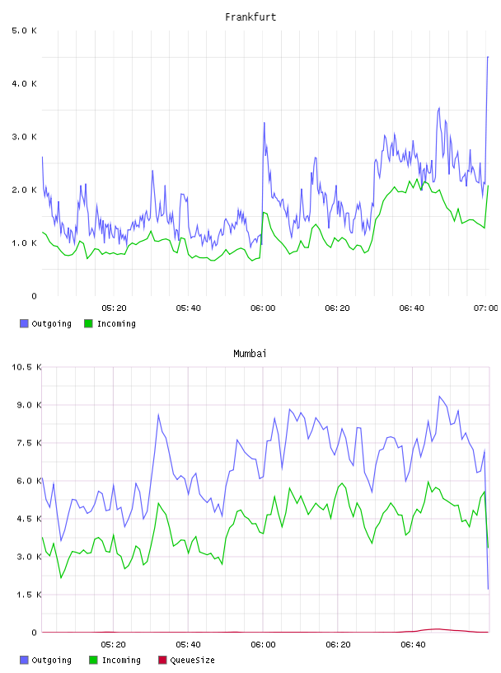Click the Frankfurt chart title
pyautogui.click(x=250, y=16)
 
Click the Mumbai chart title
pyautogui.click(x=250, y=353)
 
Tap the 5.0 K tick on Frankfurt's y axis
pyautogui.click(x=24, y=31)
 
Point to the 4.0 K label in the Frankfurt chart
pyautogui.click(x=24, y=83)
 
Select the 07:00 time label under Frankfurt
pyautogui.click(x=486, y=308)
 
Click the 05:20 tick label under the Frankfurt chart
pyautogui.click(x=114, y=308)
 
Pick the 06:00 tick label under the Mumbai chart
pyautogui.click(x=263, y=644)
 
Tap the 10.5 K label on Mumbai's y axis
pyautogui.click(x=26, y=367)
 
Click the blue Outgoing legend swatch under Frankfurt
pyautogui.click(x=24, y=323)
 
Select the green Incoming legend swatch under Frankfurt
pyautogui.click(x=88, y=323)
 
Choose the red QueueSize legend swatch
pyautogui.click(x=162, y=660)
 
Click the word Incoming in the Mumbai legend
pyautogui.click(x=121, y=660)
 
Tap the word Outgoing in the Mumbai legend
pyautogui.click(x=51, y=660)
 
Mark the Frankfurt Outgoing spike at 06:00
pyautogui.click(x=265, y=123)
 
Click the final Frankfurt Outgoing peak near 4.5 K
pyautogui.click(x=488, y=57)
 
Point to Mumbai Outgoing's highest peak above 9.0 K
pyautogui.click(x=439, y=396)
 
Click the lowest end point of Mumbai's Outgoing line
pyautogui.click(x=488, y=589)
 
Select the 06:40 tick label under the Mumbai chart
pyautogui.click(x=413, y=644)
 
